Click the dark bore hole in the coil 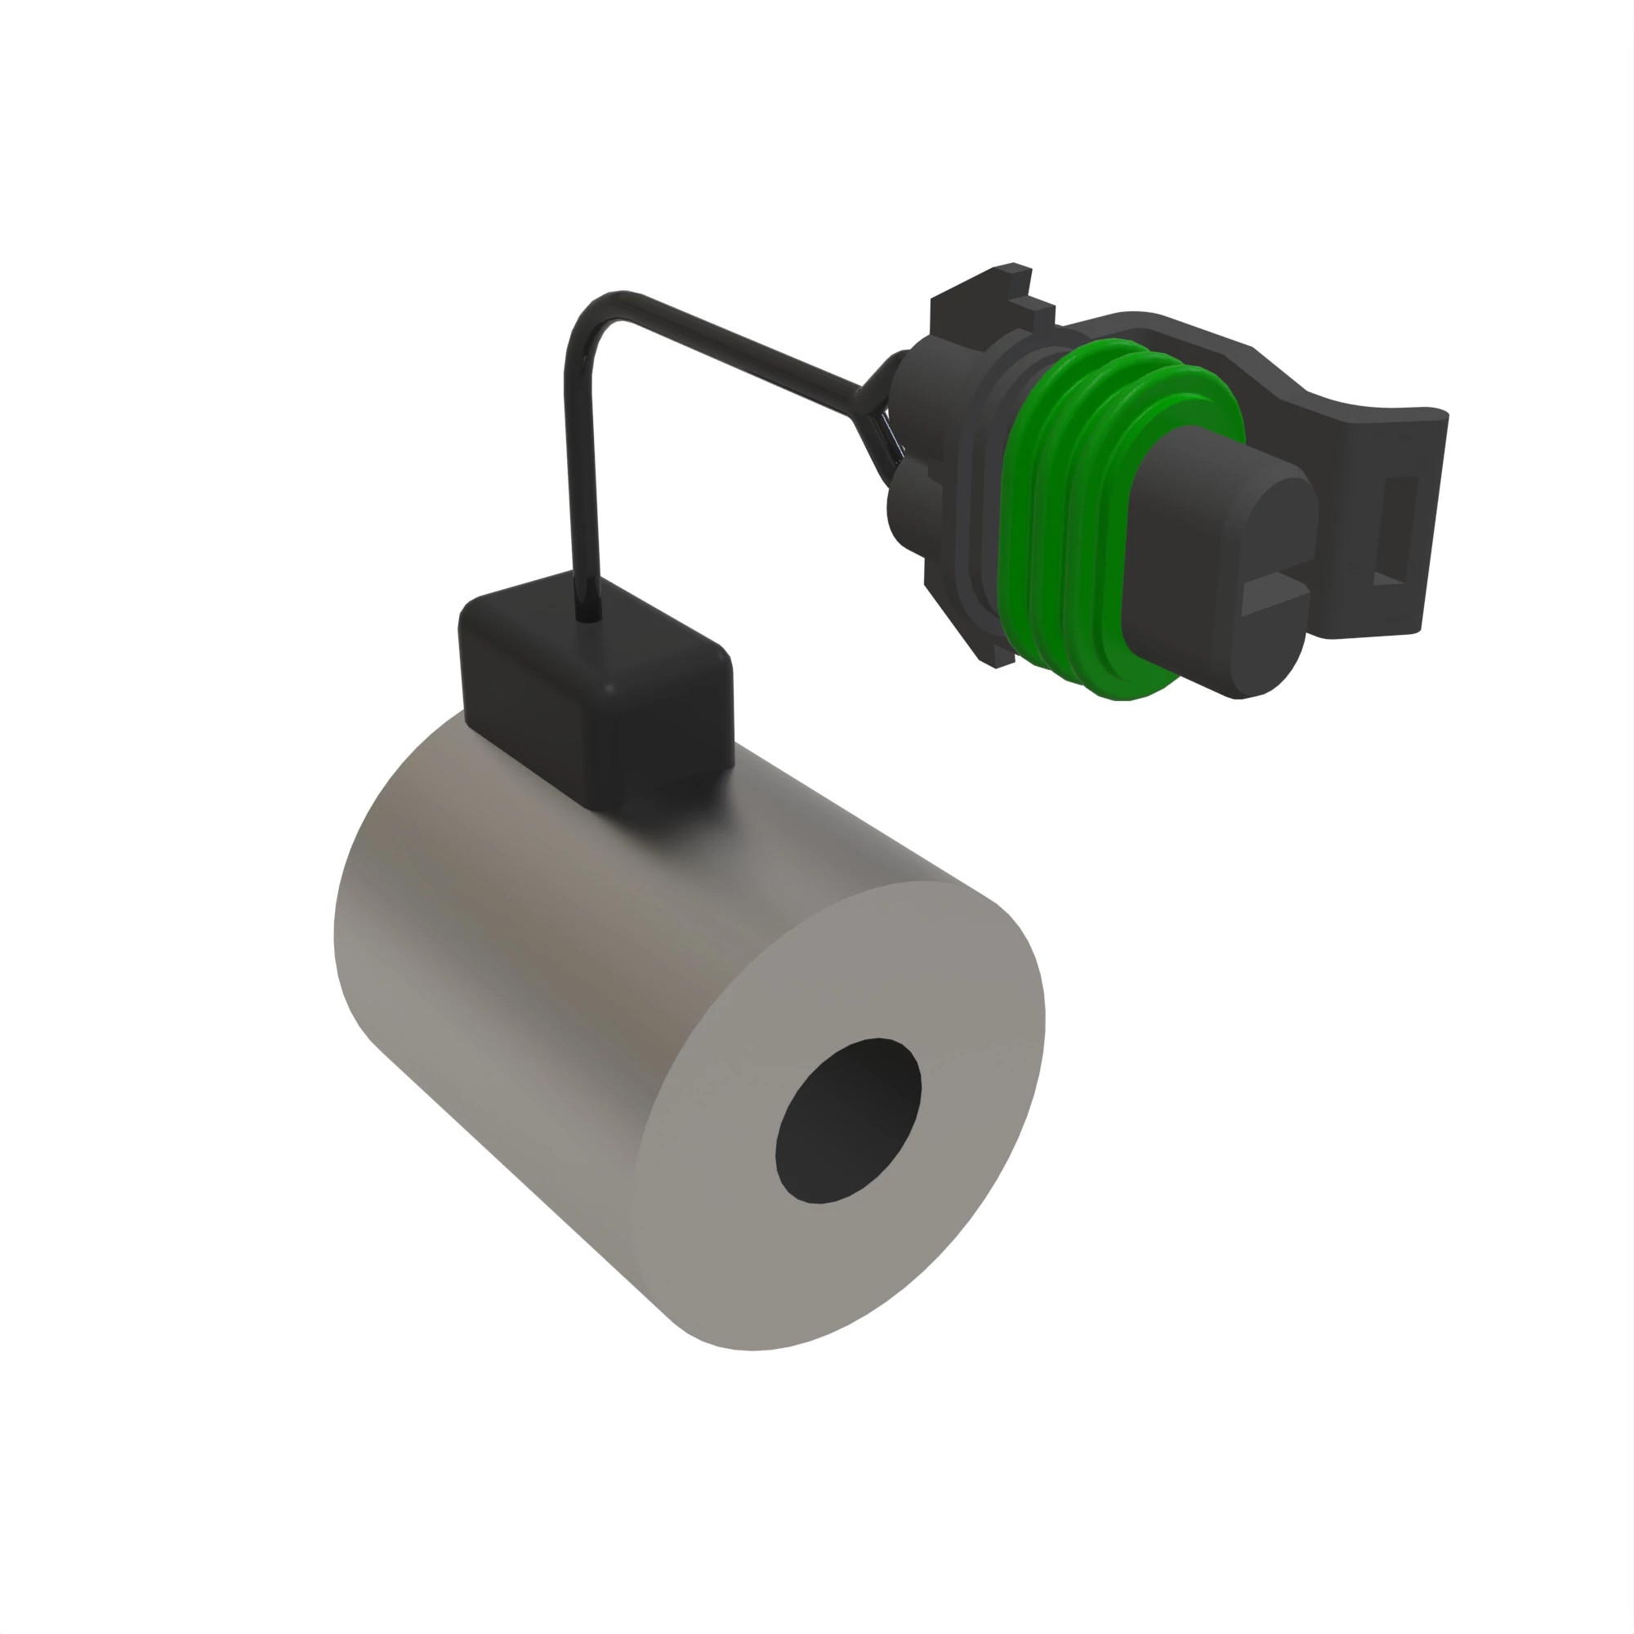848,1120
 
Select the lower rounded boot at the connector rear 909,507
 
